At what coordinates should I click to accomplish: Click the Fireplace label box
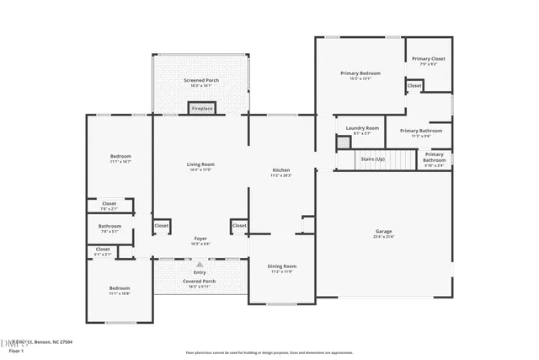(x=201, y=109)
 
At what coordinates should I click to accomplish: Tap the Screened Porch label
(x=201, y=80)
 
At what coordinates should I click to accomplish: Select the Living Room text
(x=200, y=164)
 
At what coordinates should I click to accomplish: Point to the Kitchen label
(x=280, y=170)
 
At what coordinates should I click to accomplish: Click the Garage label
(x=383, y=231)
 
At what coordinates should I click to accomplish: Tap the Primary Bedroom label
(x=360, y=73)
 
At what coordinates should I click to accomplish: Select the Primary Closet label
(x=429, y=59)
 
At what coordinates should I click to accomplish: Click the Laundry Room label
(x=361, y=128)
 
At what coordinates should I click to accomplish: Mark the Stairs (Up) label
(x=372, y=159)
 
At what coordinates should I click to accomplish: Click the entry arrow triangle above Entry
(x=200, y=264)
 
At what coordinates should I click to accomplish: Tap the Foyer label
(x=200, y=239)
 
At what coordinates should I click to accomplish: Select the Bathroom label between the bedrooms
(x=109, y=226)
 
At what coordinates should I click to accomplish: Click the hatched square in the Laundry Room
(x=344, y=143)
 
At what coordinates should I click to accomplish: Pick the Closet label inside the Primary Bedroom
(x=414, y=86)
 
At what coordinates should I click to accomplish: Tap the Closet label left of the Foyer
(x=161, y=226)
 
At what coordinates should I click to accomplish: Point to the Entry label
(x=200, y=272)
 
